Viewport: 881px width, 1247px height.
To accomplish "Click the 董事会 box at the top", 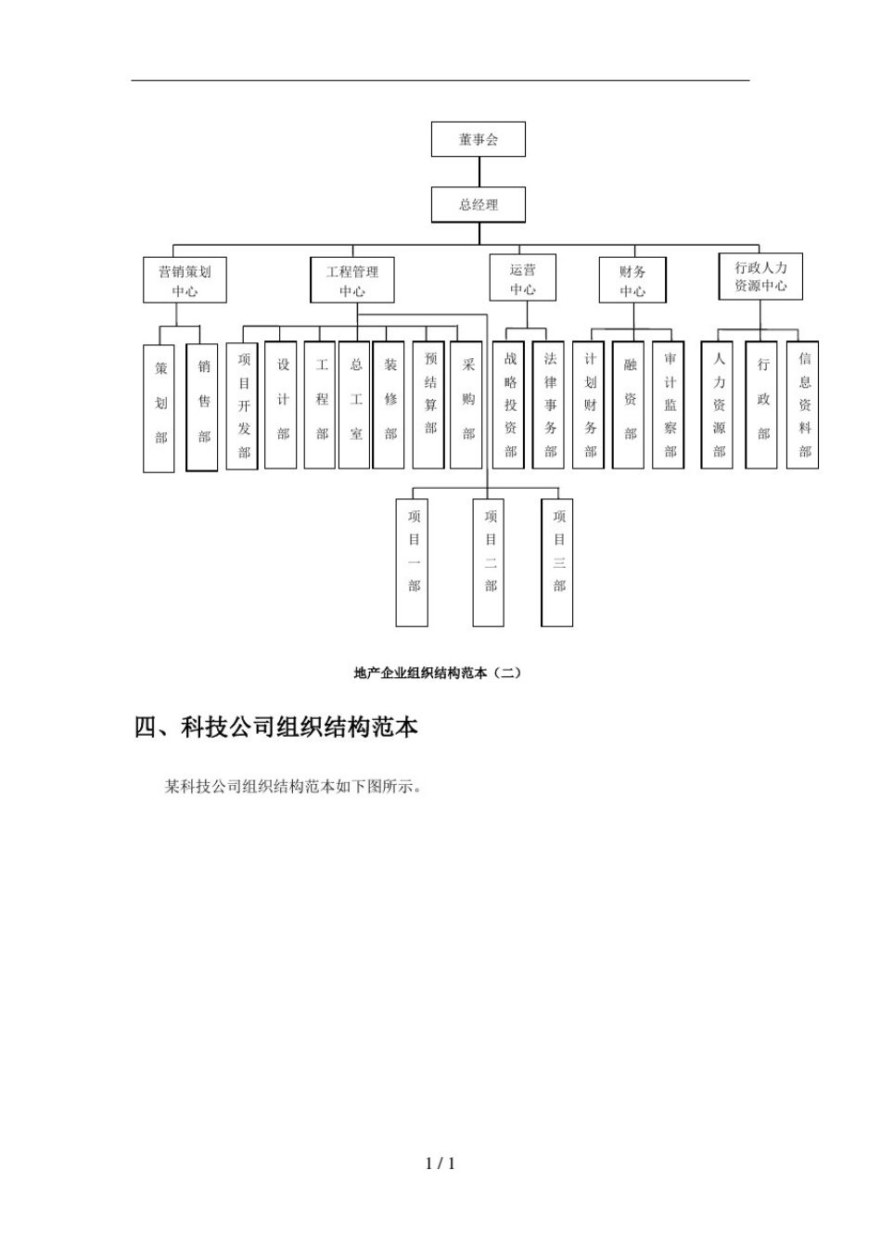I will coord(479,139).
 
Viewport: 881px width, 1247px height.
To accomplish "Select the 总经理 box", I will coord(479,205).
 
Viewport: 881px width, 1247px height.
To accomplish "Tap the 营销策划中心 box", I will coord(185,280).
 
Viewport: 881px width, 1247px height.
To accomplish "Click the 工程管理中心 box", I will coord(352,280).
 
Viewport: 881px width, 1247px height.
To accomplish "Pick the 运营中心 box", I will coord(523,278).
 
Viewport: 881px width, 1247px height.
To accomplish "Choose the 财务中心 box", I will coord(632,280).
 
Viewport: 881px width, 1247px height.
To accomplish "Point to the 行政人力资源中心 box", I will coord(760,276).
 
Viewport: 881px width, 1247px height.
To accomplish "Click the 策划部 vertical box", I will coord(160,408).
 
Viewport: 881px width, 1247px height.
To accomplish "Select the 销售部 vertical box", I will coord(202,406).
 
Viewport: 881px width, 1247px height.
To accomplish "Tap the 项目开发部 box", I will coord(243,405).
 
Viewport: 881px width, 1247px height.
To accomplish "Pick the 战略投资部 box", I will coord(509,405).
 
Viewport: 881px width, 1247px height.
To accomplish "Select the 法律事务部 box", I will coord(549,405).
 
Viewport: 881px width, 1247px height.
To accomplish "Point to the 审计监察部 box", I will coord(669,405).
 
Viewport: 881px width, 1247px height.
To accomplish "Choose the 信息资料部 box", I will coord(803,405).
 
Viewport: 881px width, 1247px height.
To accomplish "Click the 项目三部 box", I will coord(558,562).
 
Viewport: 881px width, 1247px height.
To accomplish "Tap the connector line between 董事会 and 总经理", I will coord(479,172).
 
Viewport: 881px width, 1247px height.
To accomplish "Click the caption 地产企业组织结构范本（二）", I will coord(438,673).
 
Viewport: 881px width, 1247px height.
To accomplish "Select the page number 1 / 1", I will coord(440,1163).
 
